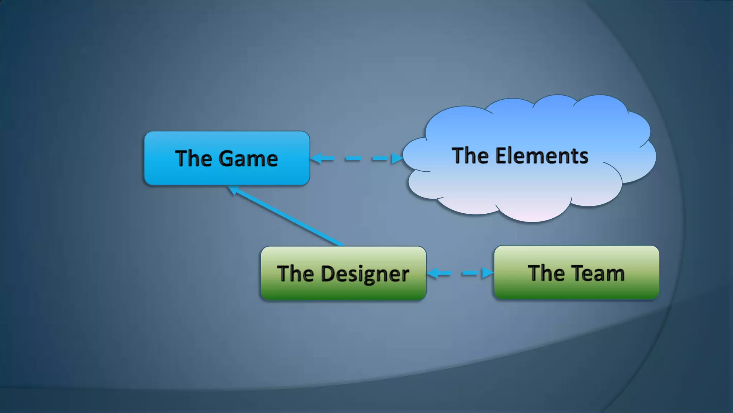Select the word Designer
[x=365, y=274]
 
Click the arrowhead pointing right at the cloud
[x=397, y=158]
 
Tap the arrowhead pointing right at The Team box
[x=487, y=273]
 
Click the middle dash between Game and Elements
[x=353, y=158]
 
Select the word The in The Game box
[x=193, y=158]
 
